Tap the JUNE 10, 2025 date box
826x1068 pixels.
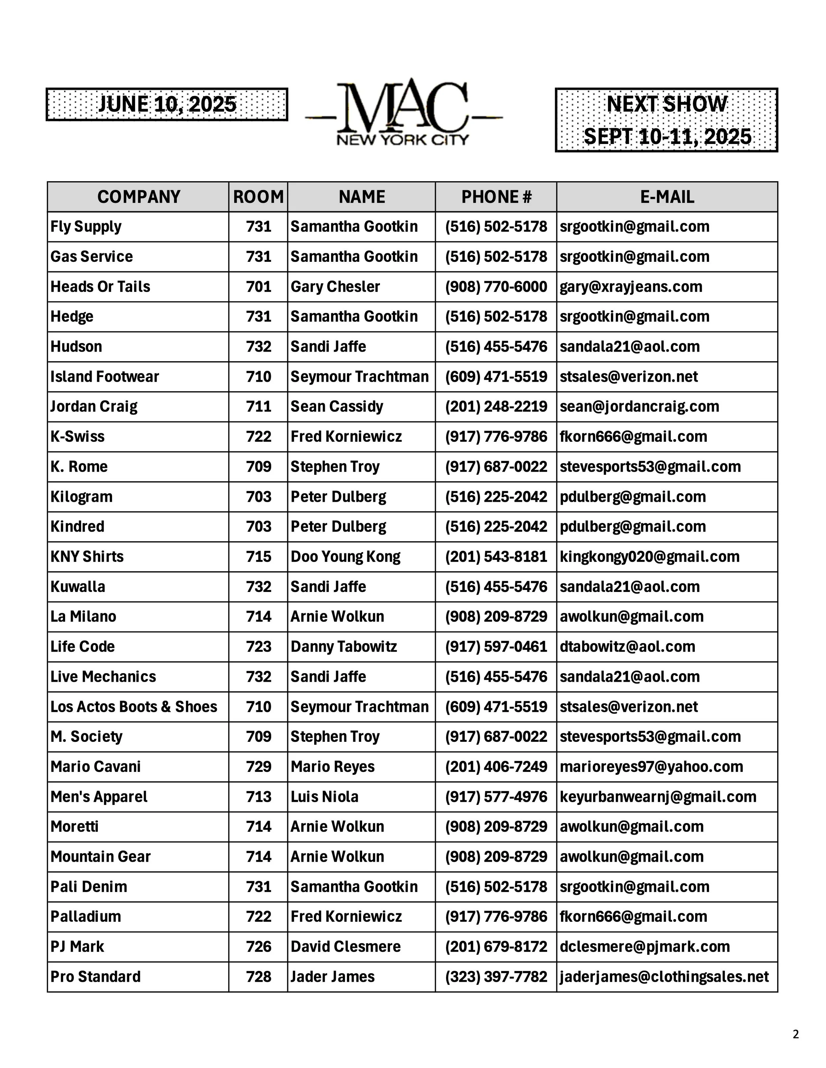[x=167, y=104]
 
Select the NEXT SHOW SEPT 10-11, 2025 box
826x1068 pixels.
[x=666, y=120]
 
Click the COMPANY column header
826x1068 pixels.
[x=138, y=196]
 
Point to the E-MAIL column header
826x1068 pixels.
[x=667, y=196]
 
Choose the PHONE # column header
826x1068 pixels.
[x=496, y=196]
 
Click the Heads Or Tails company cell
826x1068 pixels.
[x=100, y=287]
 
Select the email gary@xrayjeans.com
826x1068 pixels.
[x=631, y=287]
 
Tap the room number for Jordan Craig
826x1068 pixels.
[x=258, y=406]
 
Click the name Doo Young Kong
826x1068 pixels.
[x=346, y=557]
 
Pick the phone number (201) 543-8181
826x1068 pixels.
[x=496, y=557]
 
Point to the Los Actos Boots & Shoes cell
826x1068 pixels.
[x=133, y=706]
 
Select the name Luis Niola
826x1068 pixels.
[x=324, y=797]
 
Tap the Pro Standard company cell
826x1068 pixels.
[x=95, y=977]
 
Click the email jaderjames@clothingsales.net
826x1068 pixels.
[x=664, y=977]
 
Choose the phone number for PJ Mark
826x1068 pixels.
[x=496, y=947]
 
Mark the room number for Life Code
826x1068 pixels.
[x=258, y=646]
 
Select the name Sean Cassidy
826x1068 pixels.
[x=337, y=406]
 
